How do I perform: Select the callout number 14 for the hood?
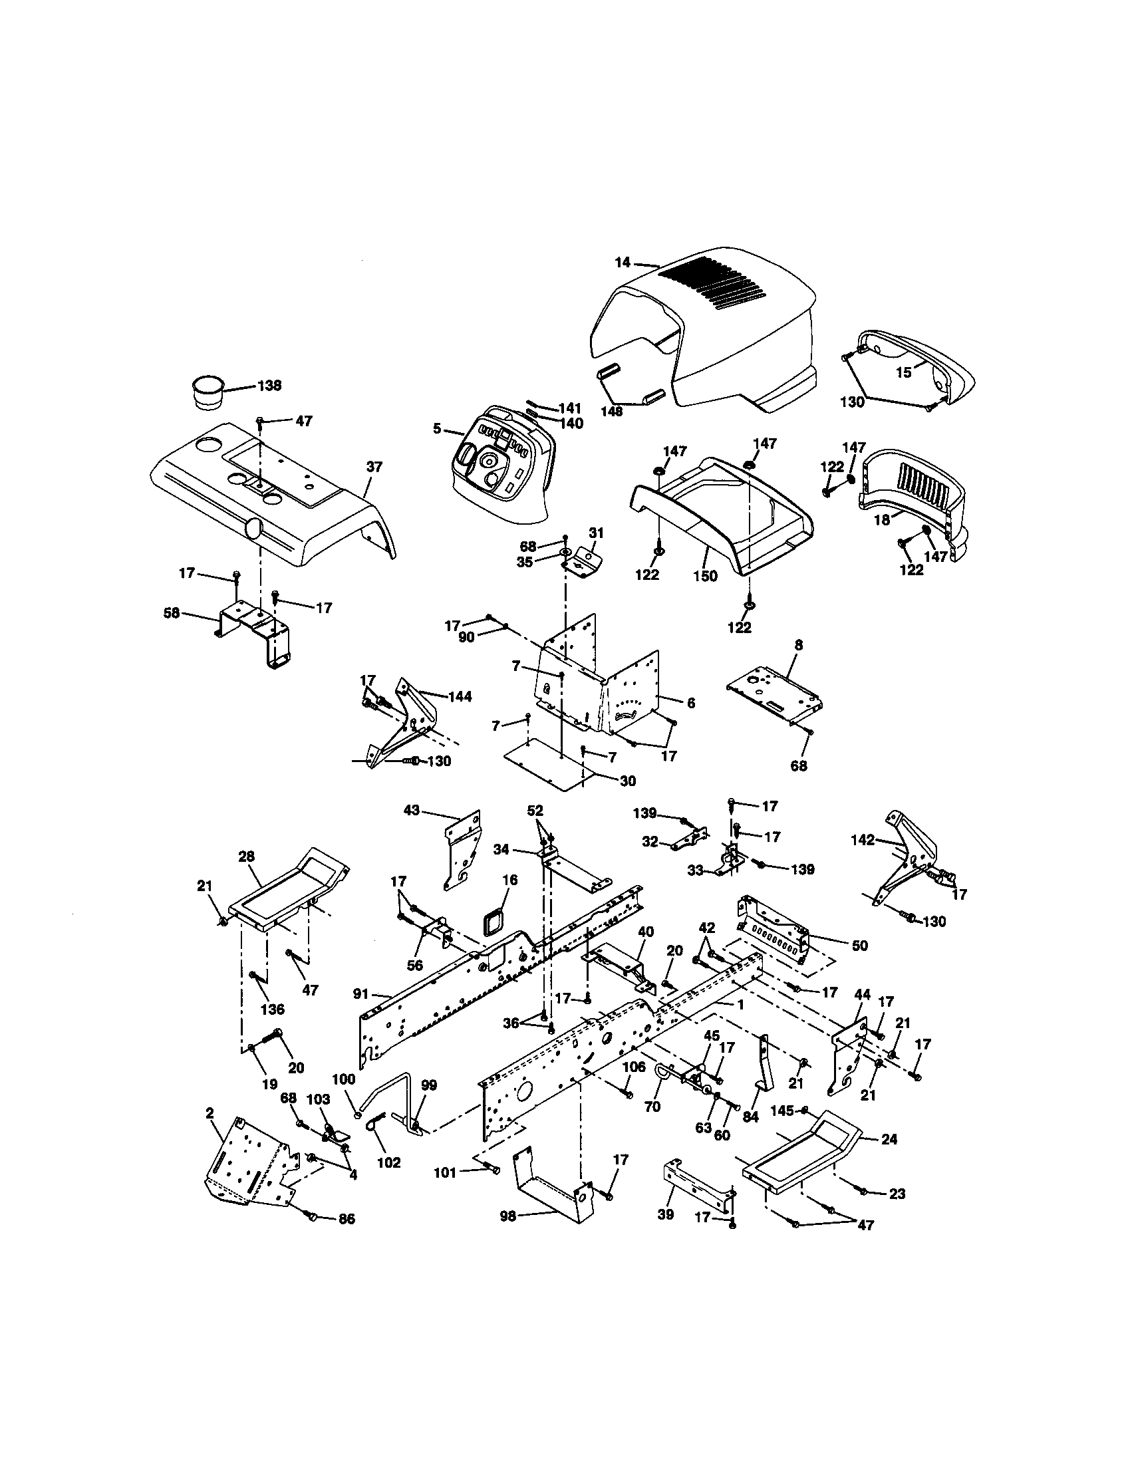pyautogui.click(x=623, y=263)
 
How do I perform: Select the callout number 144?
pyautogui.click(x=460, y=697)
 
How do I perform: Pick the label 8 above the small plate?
pyautogui.click(x=798, y=645)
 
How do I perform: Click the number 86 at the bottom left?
pyautogui.click(x=346, y=1219)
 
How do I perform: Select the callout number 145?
pyautogui.click(x=780, y=1111)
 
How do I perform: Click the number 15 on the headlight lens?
pyautogui.click(x=904, y=373)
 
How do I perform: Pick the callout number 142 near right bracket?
pyautogui.click(x=863, y=840)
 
